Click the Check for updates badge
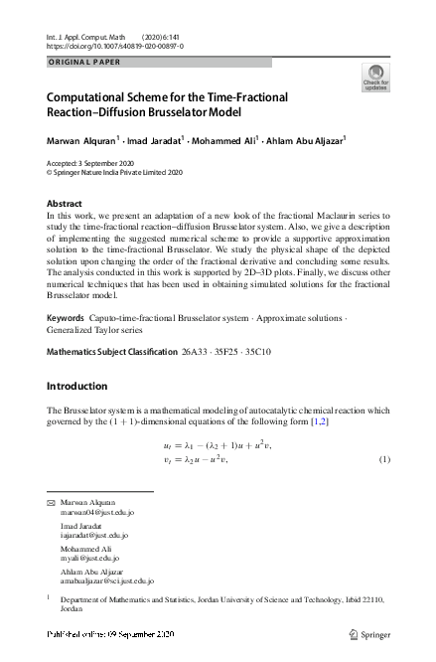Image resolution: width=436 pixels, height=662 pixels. coord(376,77)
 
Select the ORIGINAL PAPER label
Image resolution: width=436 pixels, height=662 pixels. coord(82,63)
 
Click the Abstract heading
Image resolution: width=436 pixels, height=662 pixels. coord(65,203)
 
